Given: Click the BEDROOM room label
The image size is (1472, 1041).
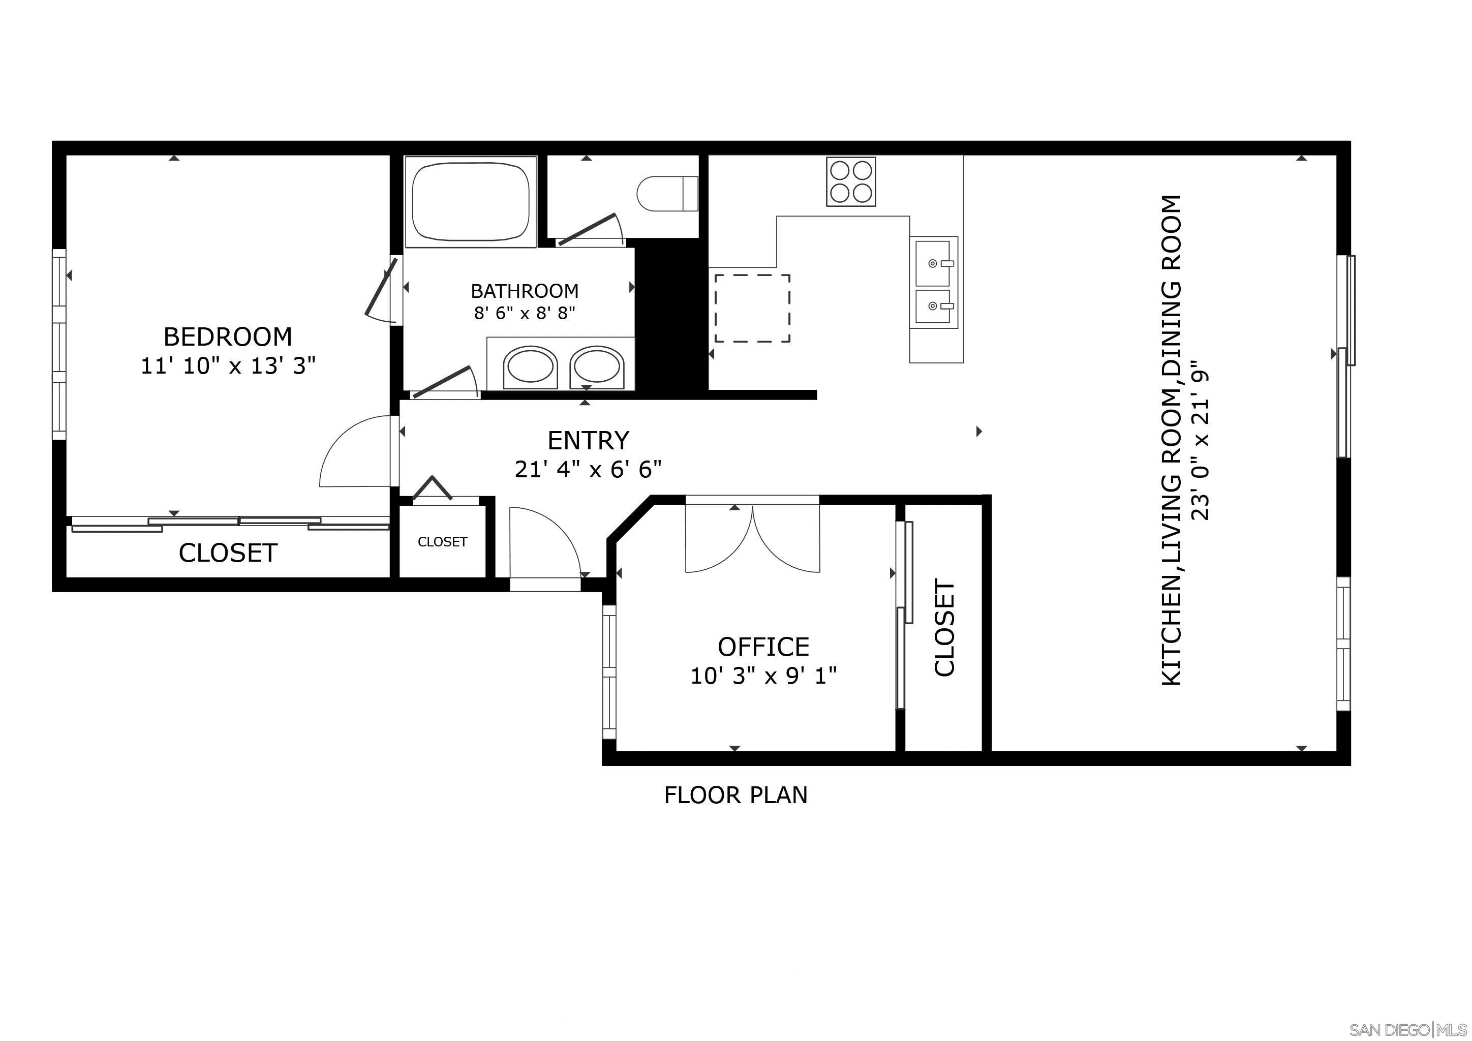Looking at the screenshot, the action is [x=228, y=336].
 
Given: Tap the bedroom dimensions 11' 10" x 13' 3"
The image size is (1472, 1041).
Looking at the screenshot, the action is [x=228, y=366].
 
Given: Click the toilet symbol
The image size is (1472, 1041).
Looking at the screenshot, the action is [x=667, y=193].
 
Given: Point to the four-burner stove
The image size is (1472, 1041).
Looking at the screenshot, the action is [x=851, y=181].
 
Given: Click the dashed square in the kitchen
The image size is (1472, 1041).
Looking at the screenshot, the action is [x=752, y=309].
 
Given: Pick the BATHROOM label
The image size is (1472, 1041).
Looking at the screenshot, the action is [x=525, y=291].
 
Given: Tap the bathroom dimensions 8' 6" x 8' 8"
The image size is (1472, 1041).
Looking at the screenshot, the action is [x=525, y=314].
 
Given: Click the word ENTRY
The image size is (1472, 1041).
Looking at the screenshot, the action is [x=588, y=441].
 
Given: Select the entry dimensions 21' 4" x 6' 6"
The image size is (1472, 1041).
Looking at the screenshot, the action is [x=588, y=470].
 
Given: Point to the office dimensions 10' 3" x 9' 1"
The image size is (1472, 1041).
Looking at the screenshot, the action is [x=763, y=676].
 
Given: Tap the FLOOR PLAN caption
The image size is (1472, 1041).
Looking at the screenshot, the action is [x=735, y=795].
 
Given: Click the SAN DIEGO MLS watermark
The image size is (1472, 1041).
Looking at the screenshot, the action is [x=1408, y=1029].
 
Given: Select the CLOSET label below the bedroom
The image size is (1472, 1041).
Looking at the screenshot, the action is [x=228, y=553].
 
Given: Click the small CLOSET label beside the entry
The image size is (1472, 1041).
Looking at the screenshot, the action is [x=442, y=542].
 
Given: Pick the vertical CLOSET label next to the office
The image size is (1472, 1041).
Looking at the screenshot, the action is [x=945, y=628].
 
